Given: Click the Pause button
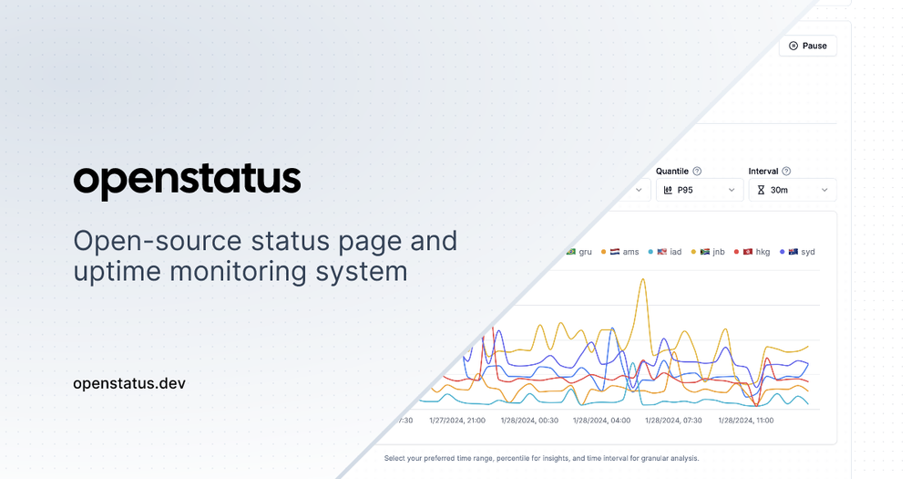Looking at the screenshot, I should (x=807, y=46).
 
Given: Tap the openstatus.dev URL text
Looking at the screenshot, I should (x=129, y=383).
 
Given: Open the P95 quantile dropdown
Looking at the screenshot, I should (x=699, y=190).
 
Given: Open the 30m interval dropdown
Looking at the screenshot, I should (x=792, y=190).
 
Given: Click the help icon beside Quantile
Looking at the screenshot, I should (x=697, y=171).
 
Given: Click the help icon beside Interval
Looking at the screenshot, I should (x=786, y=171).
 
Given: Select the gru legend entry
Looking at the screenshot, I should (x=579, y=252).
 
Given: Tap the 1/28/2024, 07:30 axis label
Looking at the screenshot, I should (x=674, y=421).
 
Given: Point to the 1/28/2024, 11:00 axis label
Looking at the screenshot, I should (x=746, y=421).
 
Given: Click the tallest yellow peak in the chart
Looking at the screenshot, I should (x=643, y=281).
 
